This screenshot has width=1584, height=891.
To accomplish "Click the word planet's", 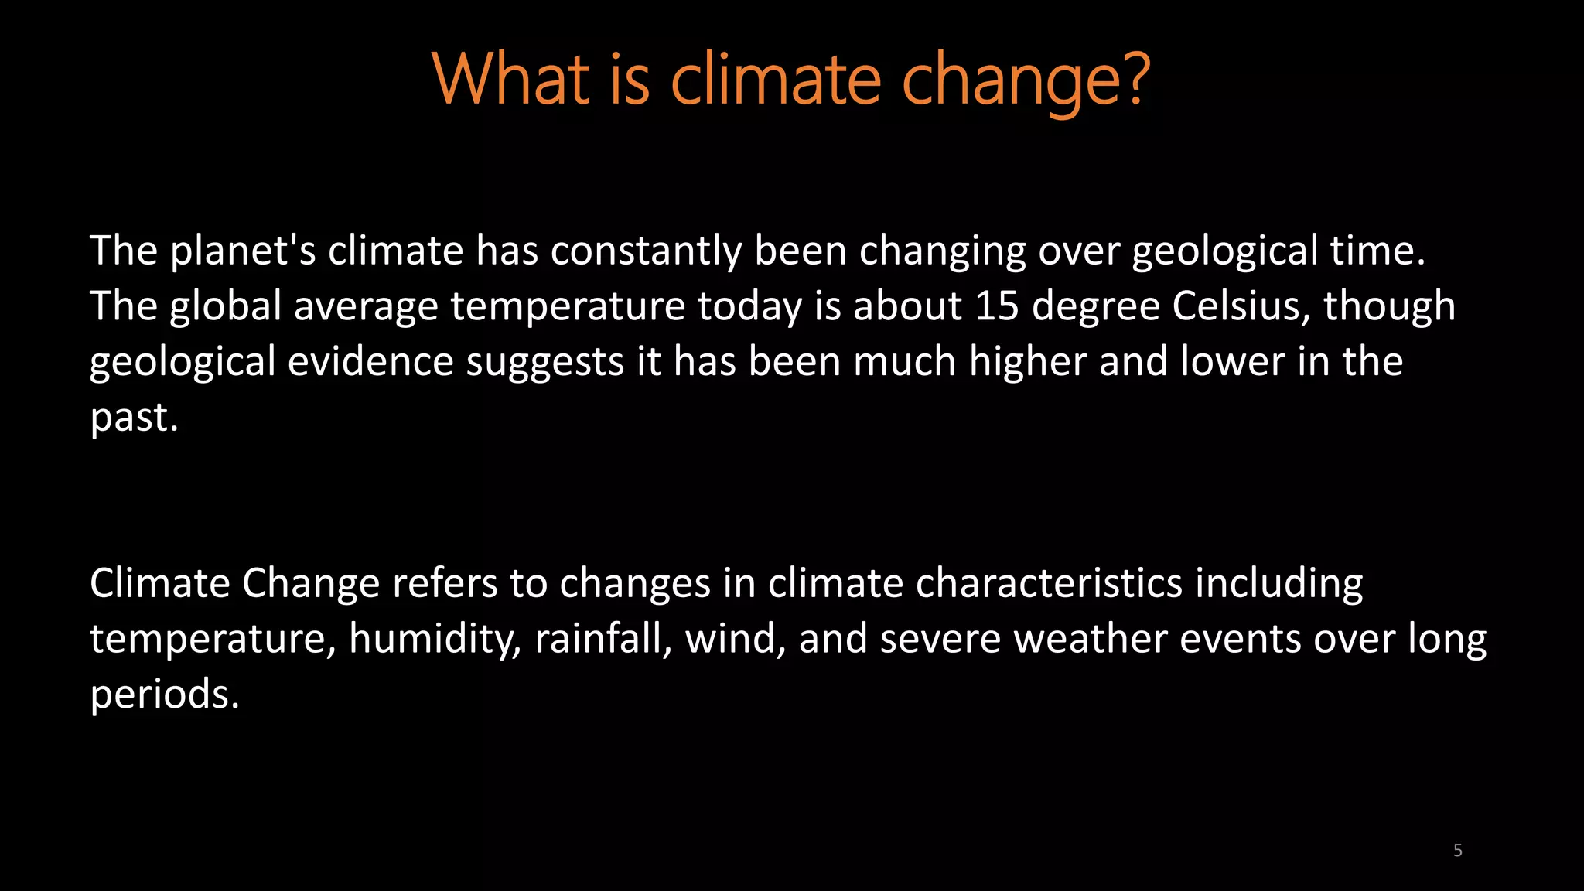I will [x=242, y=251].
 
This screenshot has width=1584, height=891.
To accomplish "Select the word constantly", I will [x=646, y=251].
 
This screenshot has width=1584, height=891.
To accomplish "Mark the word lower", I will [x=1232, y=362].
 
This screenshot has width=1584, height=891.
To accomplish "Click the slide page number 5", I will [x=1457, y=851].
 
